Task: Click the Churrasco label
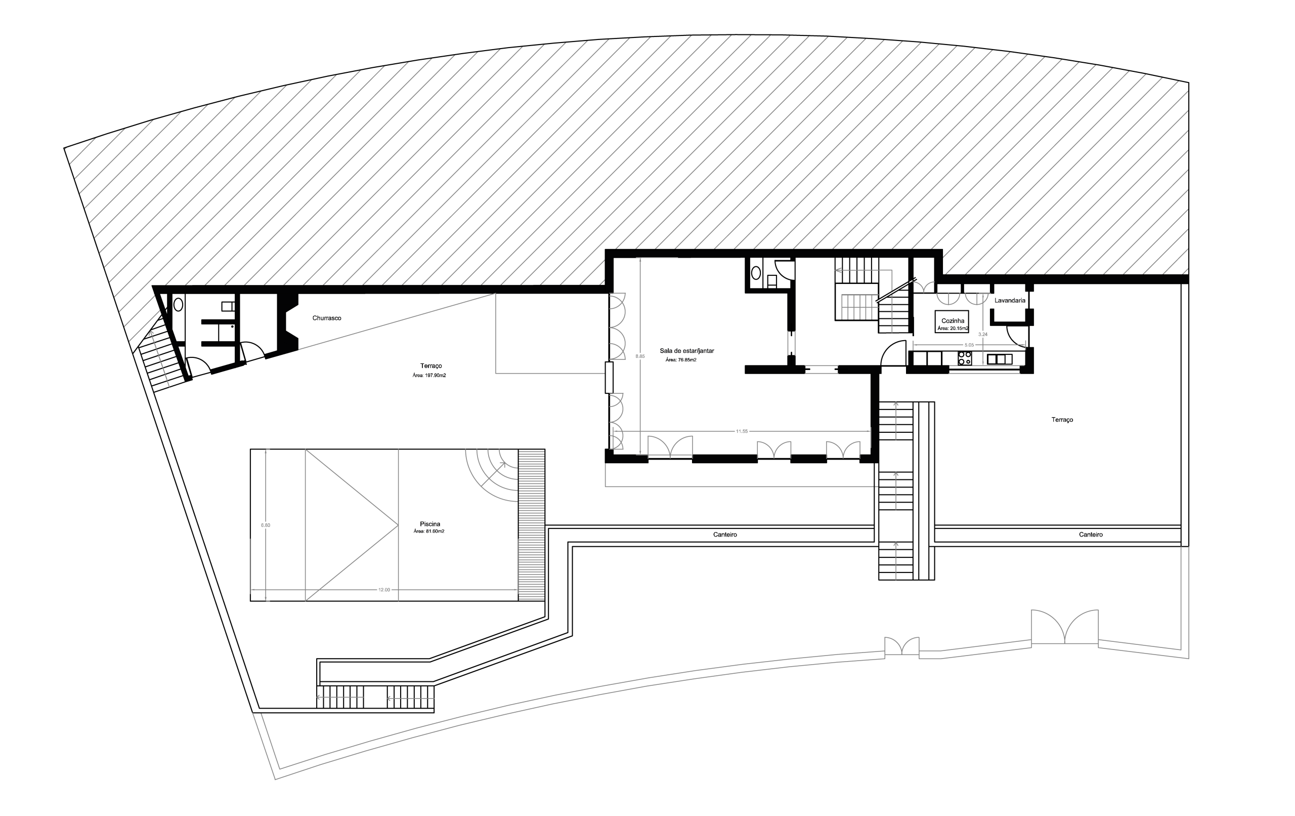click(326, 318)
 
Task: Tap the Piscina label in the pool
click(429, 524)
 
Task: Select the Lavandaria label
click(1009, 300)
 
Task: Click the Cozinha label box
click(952, 322)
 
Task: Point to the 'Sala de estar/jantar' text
click(687, 351)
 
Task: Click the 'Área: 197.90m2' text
click(429, 376)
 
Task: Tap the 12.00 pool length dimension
click(384, 590)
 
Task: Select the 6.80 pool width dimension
click(265, 525)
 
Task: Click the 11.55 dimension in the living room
click(742, 431)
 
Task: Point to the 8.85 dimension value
click(640, 356)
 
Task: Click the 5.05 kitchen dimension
click(969, 345)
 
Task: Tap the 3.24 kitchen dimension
click(982, 334)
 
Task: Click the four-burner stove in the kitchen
click(965, 358)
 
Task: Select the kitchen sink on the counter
click(999, 359)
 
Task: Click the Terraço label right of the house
click(1062, 420)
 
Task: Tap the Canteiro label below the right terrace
click(1091, 535)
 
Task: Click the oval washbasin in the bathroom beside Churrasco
click(178, 305)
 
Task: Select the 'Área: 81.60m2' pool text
click(429, 532)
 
